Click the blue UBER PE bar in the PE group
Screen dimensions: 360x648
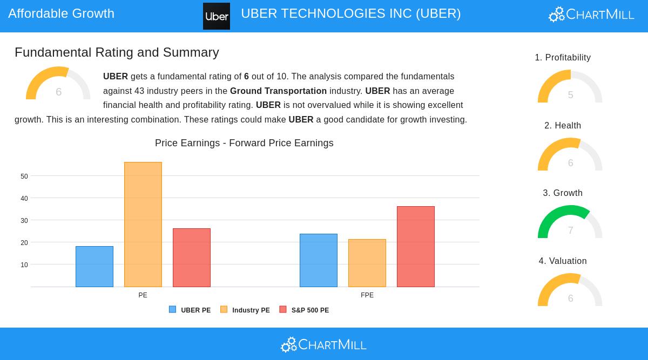point(94,267)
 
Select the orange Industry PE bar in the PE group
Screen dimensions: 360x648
point(143,225)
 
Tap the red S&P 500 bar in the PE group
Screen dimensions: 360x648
point(192,257)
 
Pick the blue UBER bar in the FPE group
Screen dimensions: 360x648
point(319,260)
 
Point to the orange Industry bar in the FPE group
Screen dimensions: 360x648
point(367,263)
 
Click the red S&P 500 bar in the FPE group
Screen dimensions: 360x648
point(416,247)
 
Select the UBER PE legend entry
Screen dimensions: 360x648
point(190,310)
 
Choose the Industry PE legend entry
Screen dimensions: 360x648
point(245,310)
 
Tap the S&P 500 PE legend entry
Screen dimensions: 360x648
point(304,310)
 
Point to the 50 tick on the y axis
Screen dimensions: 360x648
point(24,176)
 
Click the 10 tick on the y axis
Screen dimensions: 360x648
point(24,265)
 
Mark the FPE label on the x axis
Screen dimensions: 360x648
point(367,295)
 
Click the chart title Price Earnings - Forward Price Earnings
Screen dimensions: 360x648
point(244,143)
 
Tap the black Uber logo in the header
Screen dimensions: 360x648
point(217,16)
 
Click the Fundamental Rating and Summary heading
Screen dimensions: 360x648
point(117,52)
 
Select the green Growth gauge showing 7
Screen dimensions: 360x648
point(570,222)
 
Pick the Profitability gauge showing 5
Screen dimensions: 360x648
point(570,87)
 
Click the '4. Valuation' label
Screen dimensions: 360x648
point(563,261)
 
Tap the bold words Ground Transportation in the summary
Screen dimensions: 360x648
point(278,91)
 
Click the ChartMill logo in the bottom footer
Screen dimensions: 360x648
point(324,344)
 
